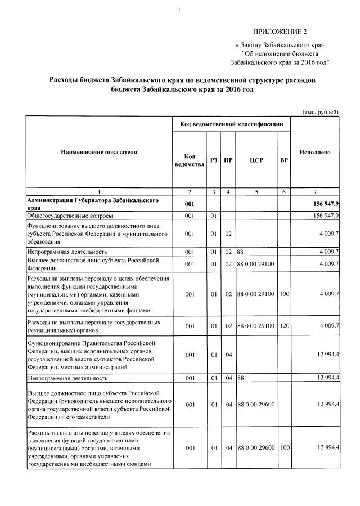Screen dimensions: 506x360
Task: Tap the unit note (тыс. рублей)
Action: (x=321, y=111)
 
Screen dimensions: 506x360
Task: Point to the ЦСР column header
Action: (x=256, y=160)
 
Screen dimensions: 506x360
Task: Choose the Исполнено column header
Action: (x=315, y=152)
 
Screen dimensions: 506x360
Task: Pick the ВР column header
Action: (x=284, y=160)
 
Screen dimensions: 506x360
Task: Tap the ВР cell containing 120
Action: (x=284, y=326)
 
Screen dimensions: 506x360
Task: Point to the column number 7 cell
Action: (x=315, y=192)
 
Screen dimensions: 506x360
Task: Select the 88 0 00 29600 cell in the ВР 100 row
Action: (x=256, y=447)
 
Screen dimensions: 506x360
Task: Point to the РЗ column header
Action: (x=214, y=160)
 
